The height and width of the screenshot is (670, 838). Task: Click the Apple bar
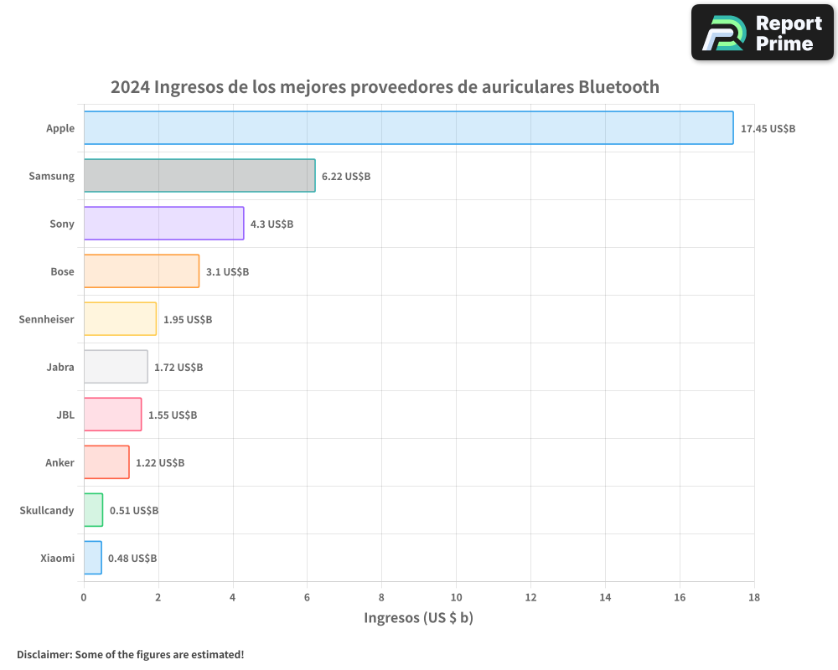tap(408, 128)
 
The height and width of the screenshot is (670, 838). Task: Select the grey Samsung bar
tap(199, 176)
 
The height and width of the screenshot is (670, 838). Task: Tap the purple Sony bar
tap(163, 224)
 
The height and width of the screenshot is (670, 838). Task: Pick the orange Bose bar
tap(142, 271)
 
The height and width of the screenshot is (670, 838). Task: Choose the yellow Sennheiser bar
tap(120, 319)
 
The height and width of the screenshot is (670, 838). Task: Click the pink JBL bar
tap(112, 415)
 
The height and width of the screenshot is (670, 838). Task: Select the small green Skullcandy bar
tap(93, 510)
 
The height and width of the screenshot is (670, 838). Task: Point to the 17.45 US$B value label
tap(768, 129)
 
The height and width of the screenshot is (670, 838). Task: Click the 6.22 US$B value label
tap(346, 177)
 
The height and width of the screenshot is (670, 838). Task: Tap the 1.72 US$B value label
tap(178, 368)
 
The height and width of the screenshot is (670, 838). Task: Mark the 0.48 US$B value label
tap(132, 559)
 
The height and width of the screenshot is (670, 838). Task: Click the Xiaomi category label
tap(57, 559)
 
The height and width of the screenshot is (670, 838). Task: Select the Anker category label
tap(59, 463)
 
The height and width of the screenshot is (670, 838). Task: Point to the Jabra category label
tap(60, 368)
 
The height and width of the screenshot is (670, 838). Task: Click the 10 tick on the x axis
tap(456, 597)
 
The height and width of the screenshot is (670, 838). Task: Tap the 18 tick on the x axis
tap(753, 597)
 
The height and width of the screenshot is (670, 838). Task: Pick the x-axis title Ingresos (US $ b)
tap(419, 618)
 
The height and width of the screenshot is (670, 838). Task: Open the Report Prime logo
tap(762, 33)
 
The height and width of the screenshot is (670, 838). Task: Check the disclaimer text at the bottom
tap(130, 654)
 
